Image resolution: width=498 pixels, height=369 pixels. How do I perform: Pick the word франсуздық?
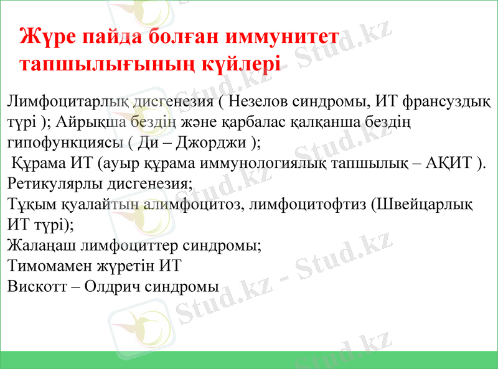[x=447, y=100]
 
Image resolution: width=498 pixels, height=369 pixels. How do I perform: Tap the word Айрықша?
[x=96, y=121]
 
